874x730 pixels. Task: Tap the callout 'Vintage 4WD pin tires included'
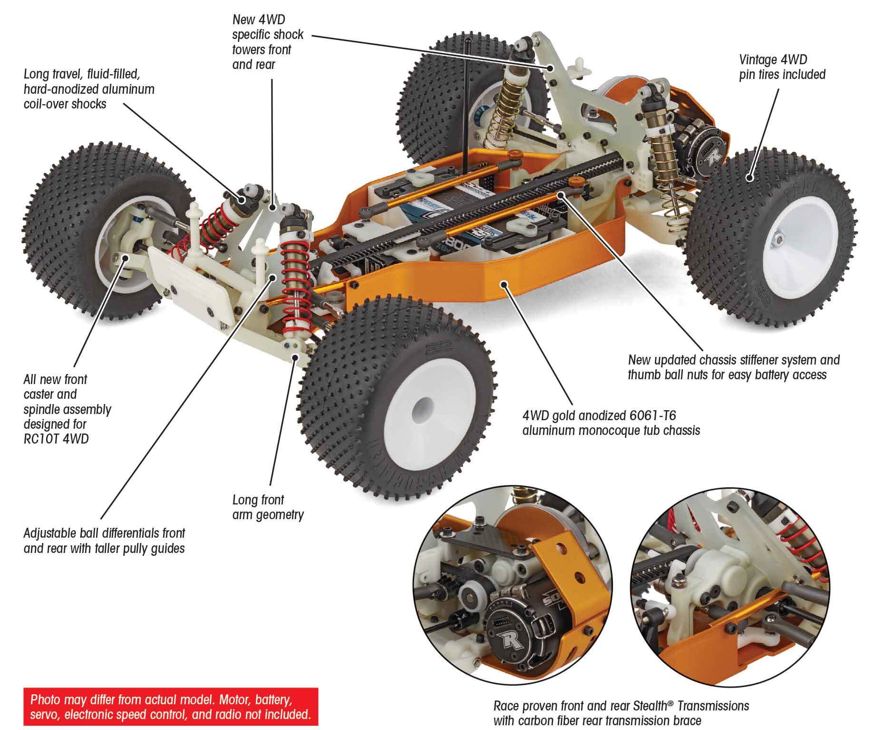pyautogui.click(x=782, y=67)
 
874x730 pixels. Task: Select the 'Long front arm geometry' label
pyautogui.click(x=268, y=507)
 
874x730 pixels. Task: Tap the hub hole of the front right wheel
pyautogui.click(x=419, y=408)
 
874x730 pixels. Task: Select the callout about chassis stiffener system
pyautogui.click(x=733, y=367)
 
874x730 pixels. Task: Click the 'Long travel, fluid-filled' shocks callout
pyautogui.click(x=89, y=89)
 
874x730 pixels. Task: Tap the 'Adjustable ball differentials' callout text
pyautogui.click(x=104, y=541)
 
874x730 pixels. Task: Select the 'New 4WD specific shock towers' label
pyautogui.click(x=268, y=42)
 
